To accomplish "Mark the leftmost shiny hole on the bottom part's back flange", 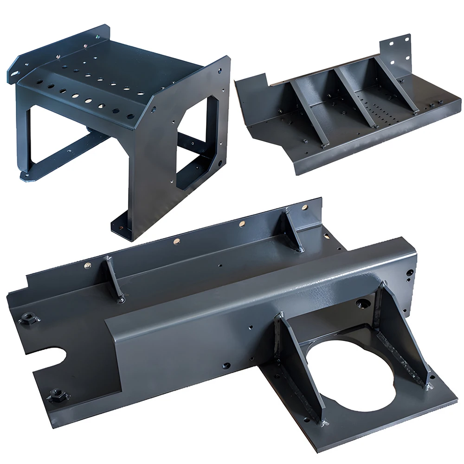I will coord(88,265).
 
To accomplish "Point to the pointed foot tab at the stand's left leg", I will coord(28,175).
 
